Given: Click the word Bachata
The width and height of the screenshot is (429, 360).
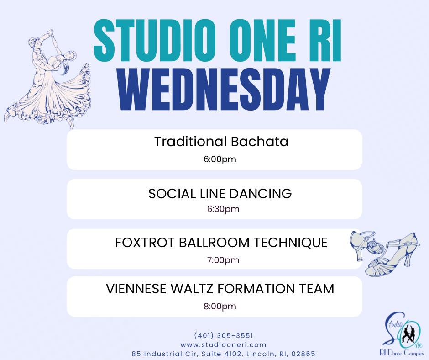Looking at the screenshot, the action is click(x=259, y=142).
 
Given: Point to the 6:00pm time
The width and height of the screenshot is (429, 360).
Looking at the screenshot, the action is click(x=220, y=159).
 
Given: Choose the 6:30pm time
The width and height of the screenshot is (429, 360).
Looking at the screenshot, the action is click(x=223, y=209).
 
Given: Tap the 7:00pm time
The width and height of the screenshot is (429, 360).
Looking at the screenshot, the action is click(x=223, y=260).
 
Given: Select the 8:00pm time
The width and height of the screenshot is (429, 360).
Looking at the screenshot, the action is click(x=220, y=306).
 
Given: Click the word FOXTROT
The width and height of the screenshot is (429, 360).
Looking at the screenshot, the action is click(x=145, y=243).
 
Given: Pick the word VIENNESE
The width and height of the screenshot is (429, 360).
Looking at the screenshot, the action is click(x=136, y=289).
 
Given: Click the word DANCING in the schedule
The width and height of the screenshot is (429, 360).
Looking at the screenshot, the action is click(x=260, y=193).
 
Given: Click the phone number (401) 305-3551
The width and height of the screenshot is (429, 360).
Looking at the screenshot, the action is click(x=224, y=335).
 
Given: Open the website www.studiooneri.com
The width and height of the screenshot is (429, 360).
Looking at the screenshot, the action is click(x=223, y=344).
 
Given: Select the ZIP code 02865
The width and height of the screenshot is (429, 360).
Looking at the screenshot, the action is click(x=303, y=354).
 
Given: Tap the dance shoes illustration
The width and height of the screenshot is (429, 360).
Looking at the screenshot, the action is click(x=385, y=253).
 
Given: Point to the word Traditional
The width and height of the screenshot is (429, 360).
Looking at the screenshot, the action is click(x=190, y=142).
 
